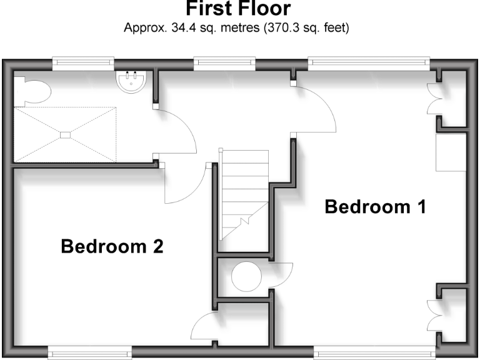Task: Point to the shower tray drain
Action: coord(65,134)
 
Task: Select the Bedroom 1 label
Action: coord(375,207)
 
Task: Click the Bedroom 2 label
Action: coord(112,246)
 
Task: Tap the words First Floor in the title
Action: coord(238,9)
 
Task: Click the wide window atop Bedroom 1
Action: coord(369,61)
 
